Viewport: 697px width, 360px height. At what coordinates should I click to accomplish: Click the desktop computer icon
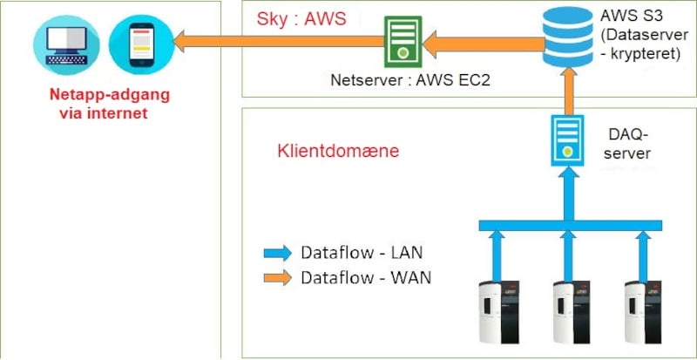(58, 44)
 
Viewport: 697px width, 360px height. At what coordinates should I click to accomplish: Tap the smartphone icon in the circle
(140, 44)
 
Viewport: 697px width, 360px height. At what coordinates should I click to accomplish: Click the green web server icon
(403, 40)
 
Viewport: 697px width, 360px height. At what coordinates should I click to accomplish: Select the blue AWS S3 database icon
(566, 33)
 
